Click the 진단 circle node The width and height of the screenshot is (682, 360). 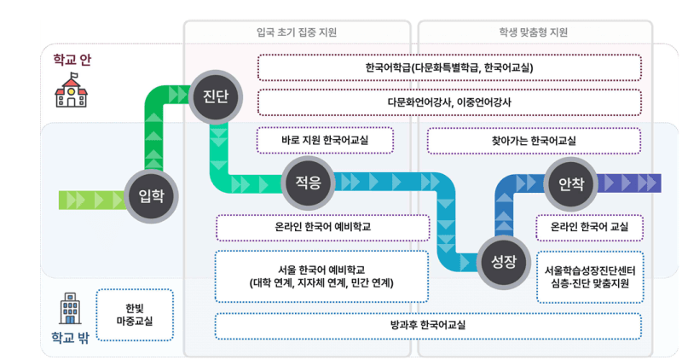point(215,94)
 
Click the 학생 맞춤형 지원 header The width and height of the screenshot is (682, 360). point(534,33)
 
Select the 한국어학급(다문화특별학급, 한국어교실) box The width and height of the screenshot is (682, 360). point(449,67)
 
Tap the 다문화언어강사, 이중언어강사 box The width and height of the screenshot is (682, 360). point(449,102)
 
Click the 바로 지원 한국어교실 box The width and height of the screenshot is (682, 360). point(325,140)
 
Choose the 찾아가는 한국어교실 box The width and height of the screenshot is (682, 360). point(534,140)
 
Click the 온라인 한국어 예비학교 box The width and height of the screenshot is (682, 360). point(322,228)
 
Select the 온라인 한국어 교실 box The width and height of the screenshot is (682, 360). point(589,228)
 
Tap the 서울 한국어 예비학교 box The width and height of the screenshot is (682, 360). point(322,276)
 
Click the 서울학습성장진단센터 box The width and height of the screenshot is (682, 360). point(589,276)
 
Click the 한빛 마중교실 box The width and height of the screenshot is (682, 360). point(136,314)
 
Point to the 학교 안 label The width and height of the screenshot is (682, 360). point(72,59)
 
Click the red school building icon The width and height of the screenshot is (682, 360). point(71,90)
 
